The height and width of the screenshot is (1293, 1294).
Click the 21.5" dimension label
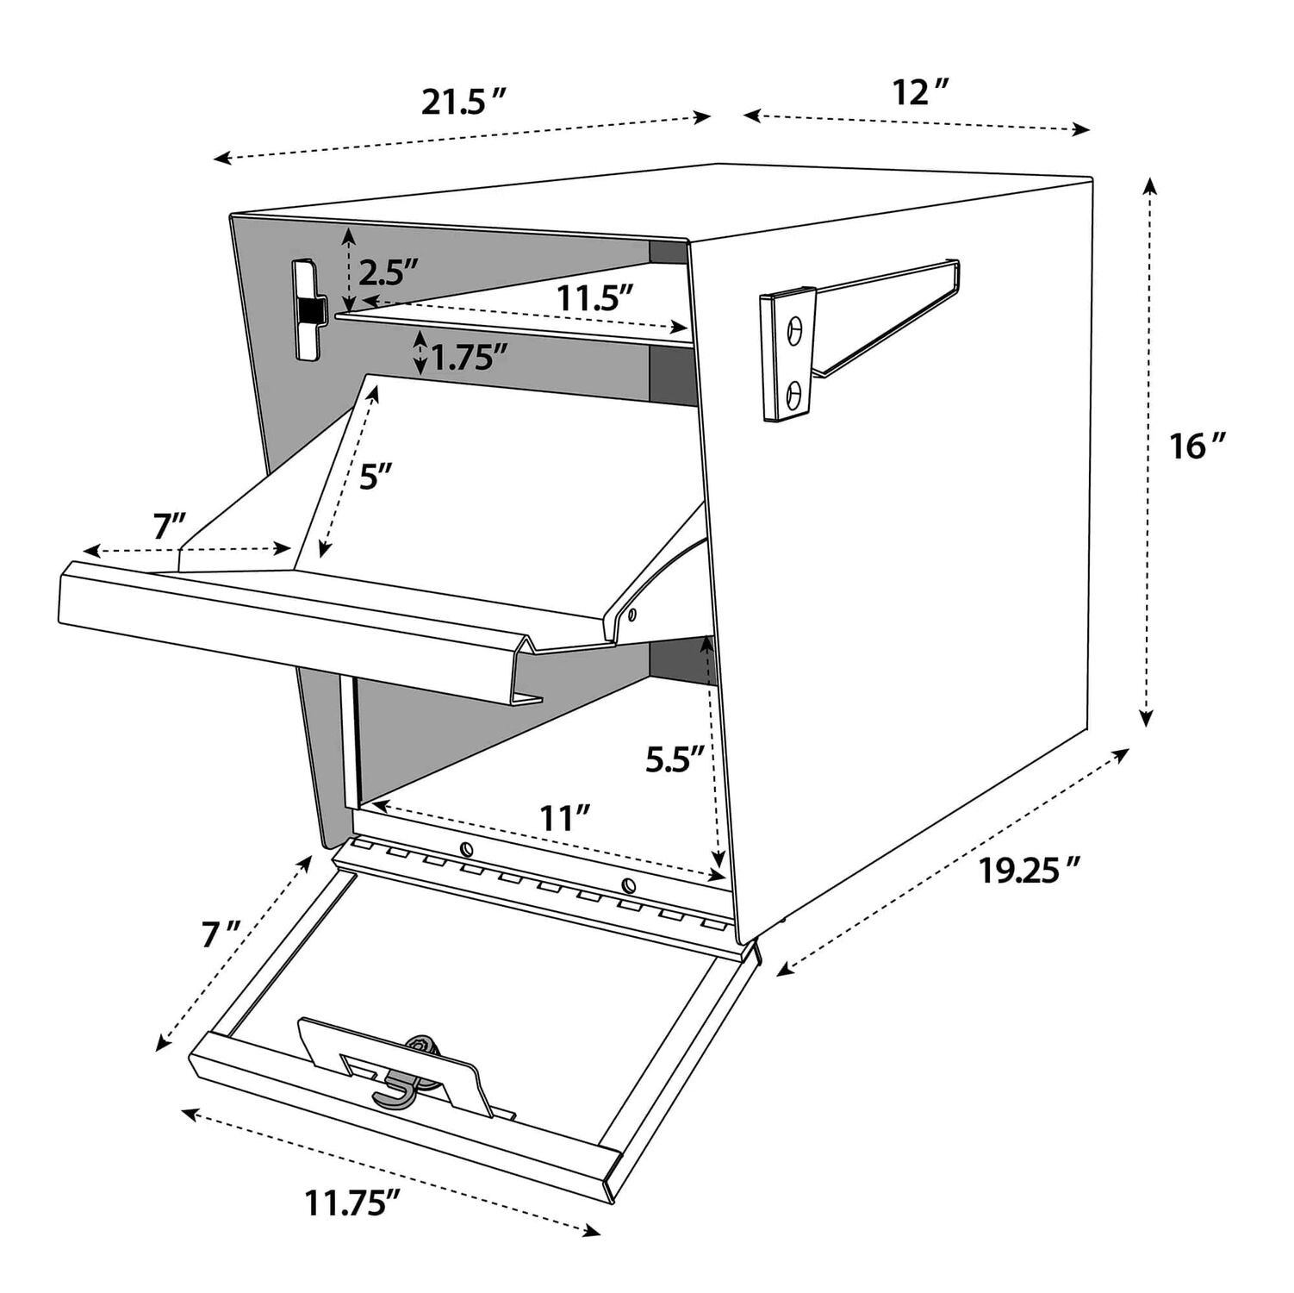462,103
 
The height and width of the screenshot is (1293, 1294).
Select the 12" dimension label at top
920,92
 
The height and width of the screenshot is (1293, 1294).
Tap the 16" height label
1197,447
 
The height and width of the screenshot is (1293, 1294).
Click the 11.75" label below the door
353,1202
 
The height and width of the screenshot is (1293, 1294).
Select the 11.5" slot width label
595,298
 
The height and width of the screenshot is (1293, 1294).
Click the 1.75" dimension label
468,357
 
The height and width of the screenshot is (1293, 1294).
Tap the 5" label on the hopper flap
376,476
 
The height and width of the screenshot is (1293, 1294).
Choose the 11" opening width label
564,817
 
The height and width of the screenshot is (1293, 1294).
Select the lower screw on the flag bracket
795,394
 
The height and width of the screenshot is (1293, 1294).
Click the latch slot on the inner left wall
307,309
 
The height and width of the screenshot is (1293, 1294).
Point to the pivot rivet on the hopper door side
632,615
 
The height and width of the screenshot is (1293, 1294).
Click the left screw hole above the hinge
466,847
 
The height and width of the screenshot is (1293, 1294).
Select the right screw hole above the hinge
628,885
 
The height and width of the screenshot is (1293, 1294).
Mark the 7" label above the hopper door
169,527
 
